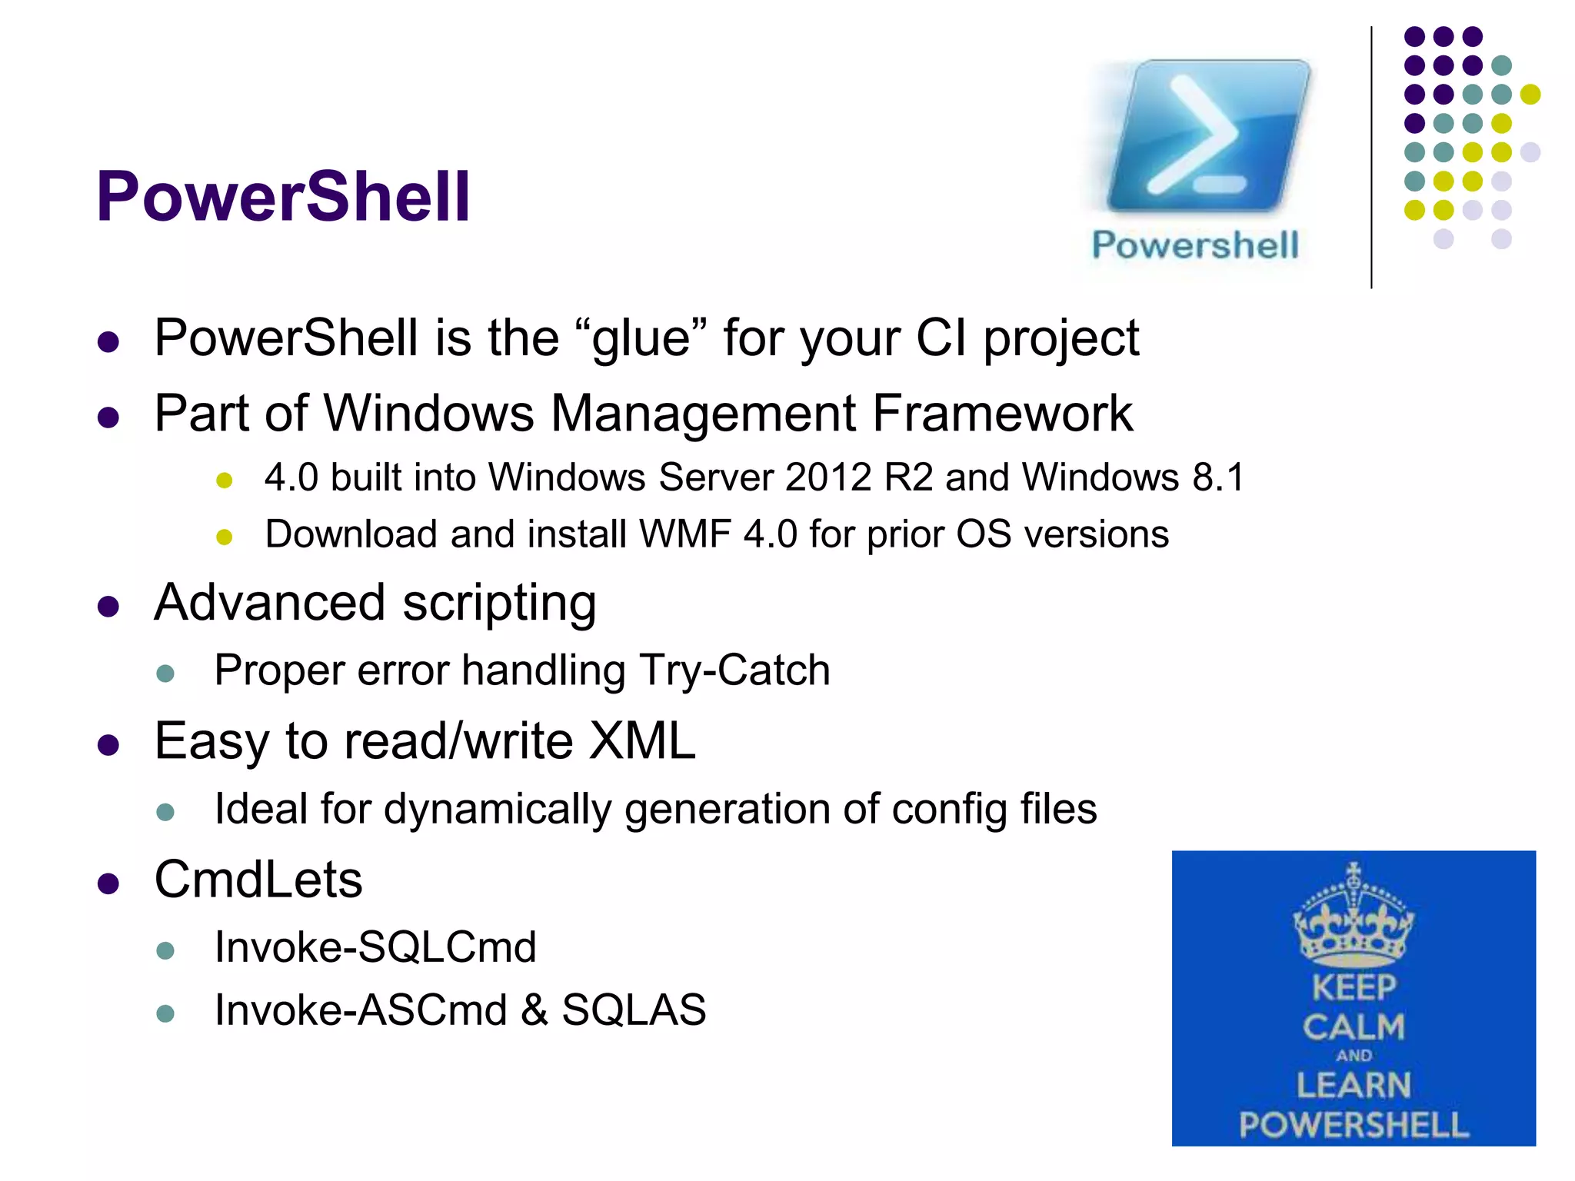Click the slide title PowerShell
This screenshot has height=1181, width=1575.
(282, 197)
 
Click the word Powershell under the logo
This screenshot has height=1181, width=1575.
(1195, 245)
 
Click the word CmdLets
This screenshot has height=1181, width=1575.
(258, 880)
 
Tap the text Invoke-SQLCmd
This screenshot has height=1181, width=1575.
(375, 947)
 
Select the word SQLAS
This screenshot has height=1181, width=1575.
(634, 1010)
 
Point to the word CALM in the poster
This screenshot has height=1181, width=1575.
(1354, 1027)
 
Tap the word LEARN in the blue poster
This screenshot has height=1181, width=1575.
(1354, 1086)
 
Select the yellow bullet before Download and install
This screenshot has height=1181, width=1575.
(224, 537)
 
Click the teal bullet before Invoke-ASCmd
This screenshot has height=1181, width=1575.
(165, 1013)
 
